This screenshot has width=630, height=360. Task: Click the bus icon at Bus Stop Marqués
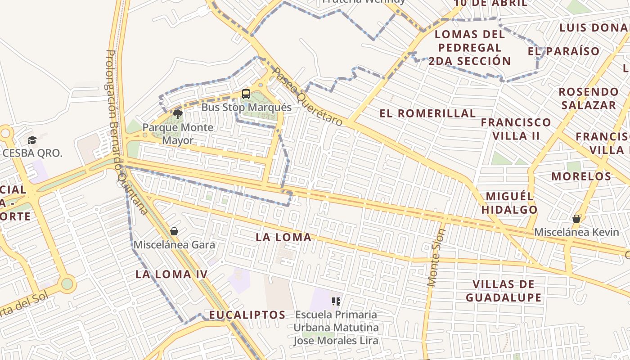pyautogui.click(x=246, y=94)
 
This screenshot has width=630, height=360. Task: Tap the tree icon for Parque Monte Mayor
pyautogui.click(x=178, y=114)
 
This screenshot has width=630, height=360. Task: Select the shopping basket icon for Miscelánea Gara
pyautogui.click(x=174, y=231)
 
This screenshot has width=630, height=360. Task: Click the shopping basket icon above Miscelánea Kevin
pyautogui.click(x=576, y=219)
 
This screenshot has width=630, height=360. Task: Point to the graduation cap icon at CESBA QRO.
pyautogui.click(x=32, y=140)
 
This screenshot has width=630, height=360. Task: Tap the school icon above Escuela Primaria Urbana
pyautogui.click(x=336, y=301)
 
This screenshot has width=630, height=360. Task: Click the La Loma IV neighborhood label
pyautogui.click(x=171, y=274)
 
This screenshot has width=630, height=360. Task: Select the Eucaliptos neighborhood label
pyautogui.click(x=247, y=315)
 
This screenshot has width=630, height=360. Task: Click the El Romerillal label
pyautogui.click(x=427, y=113)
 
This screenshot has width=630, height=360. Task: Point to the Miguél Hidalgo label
pyautogui.click(x=510, y=203)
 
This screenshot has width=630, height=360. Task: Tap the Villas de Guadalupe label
pyautogui.click(x=504, y=291)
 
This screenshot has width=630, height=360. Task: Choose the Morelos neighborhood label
pyautogui.click(x=581, y=176)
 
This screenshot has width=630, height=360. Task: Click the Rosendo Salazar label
pyautogui.click(x=589, y=99)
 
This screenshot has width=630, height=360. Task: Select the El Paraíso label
pyautogui.click(x=564, y=51)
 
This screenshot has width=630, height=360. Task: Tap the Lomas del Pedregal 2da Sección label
pyautogui.click(x=470, y=47)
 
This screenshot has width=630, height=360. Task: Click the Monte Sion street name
pyautogui.click(x=436, y=258)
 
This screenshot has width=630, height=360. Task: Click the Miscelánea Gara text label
pyautogui.click(x=174, y=245)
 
